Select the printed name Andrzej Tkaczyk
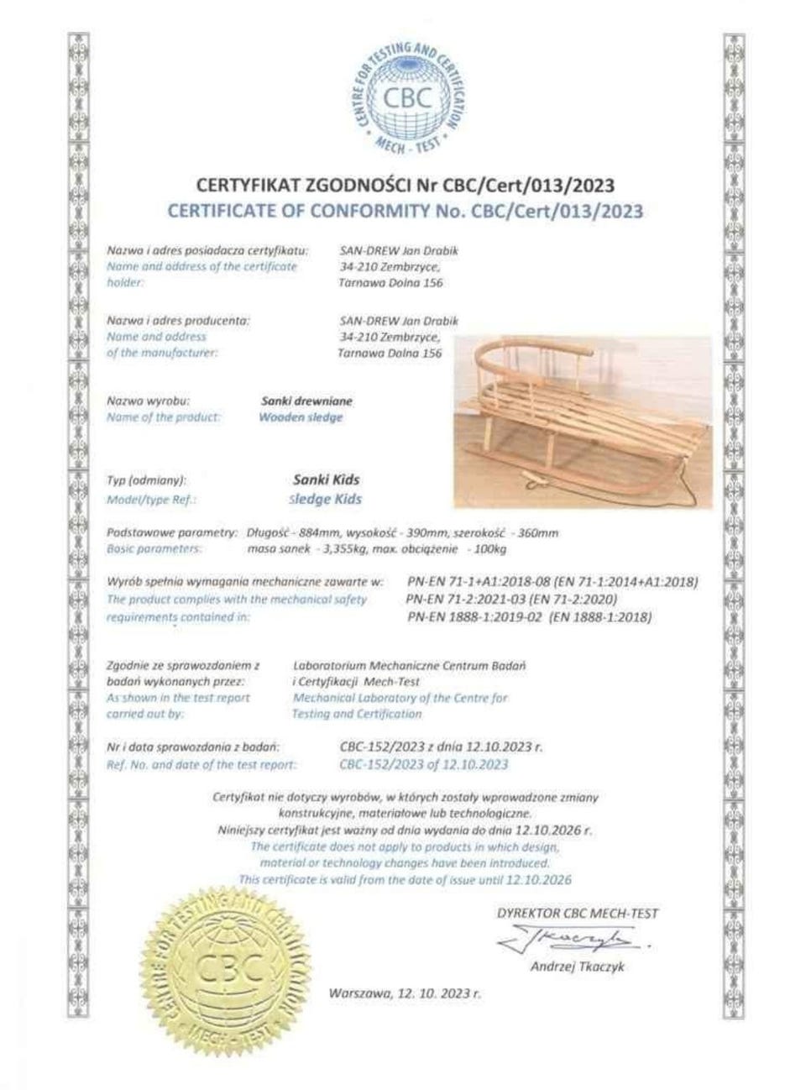577,967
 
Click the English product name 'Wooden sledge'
301,417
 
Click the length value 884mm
334,532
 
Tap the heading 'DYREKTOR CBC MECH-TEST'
578,914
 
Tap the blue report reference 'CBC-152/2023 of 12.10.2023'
423,764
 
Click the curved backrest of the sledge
537,347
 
